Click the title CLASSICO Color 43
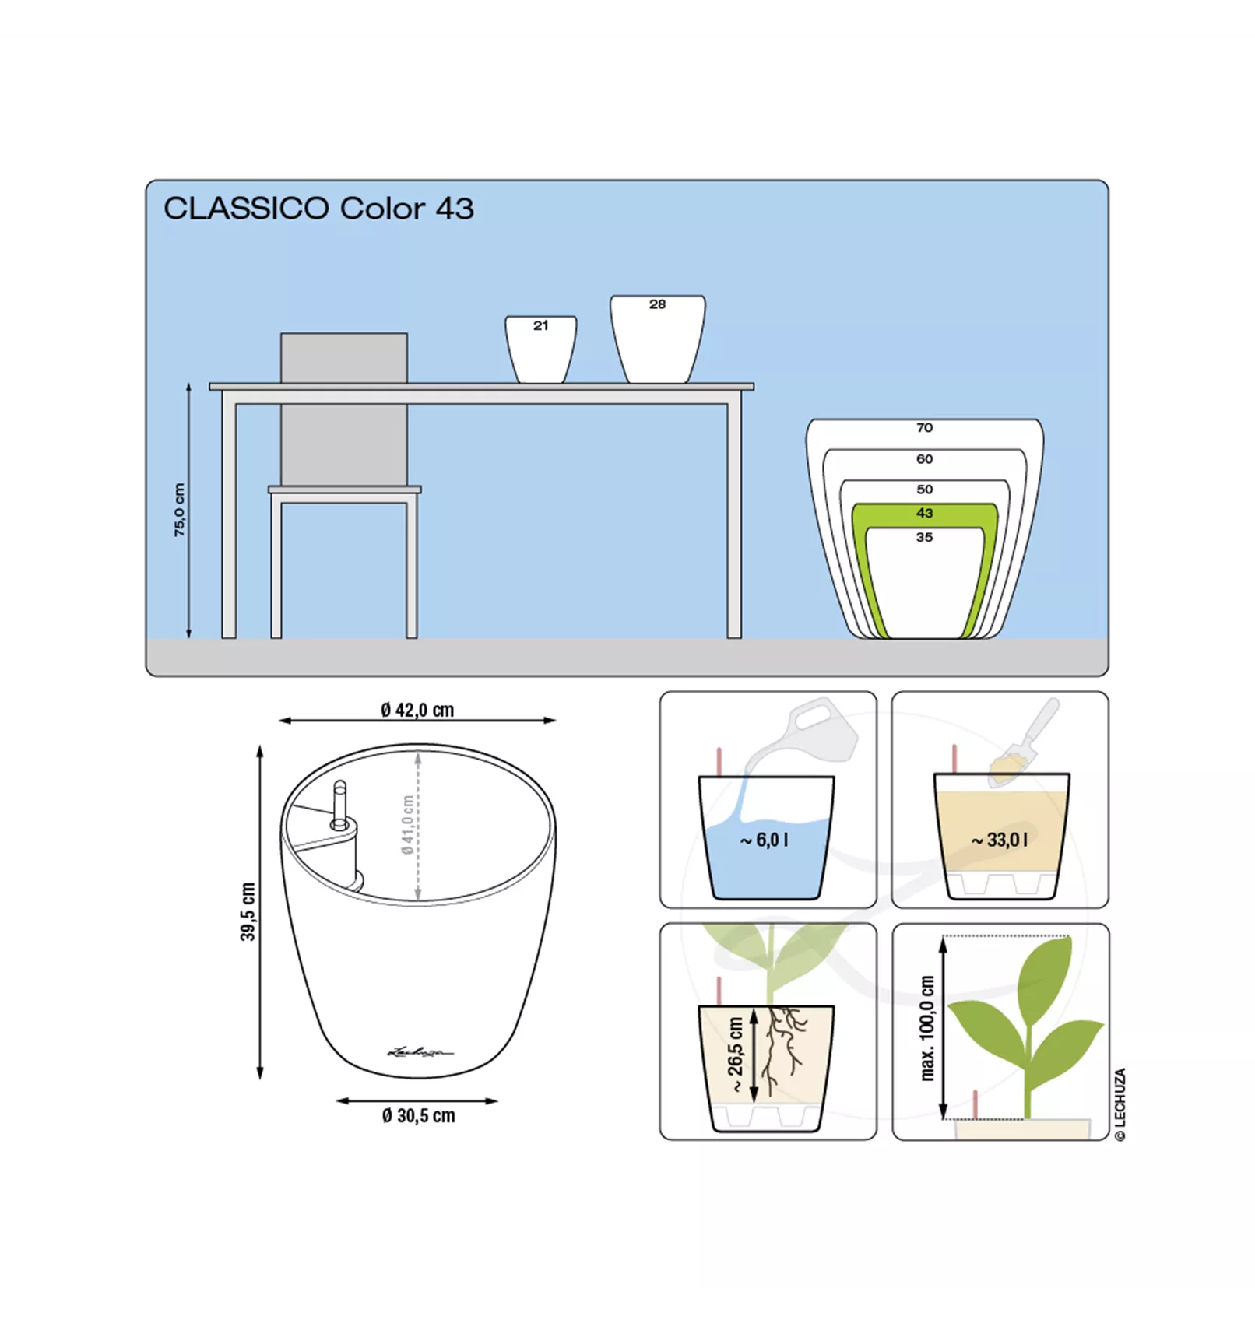coord(318,209)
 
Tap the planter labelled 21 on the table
coord(541,349)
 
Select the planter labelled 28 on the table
coord(658,339)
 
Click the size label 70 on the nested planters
coord(924,428)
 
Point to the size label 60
coord(924,459)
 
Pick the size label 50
coord(924,490)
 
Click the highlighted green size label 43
coord(924,513)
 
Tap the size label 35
coord(924,537)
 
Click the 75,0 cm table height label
coord(180,510)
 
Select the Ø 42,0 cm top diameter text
coord(417,710)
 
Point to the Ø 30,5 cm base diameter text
coord(418,1116)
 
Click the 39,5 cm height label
coord(248,911)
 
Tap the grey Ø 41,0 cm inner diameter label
coord(407,825)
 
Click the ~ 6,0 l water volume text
coord(764,840)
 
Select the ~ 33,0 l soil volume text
coord(999,840)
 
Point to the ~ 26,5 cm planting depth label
coord(736,1055)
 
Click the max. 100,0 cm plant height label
coord(926,1028)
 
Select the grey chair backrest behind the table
coord(344,409)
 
